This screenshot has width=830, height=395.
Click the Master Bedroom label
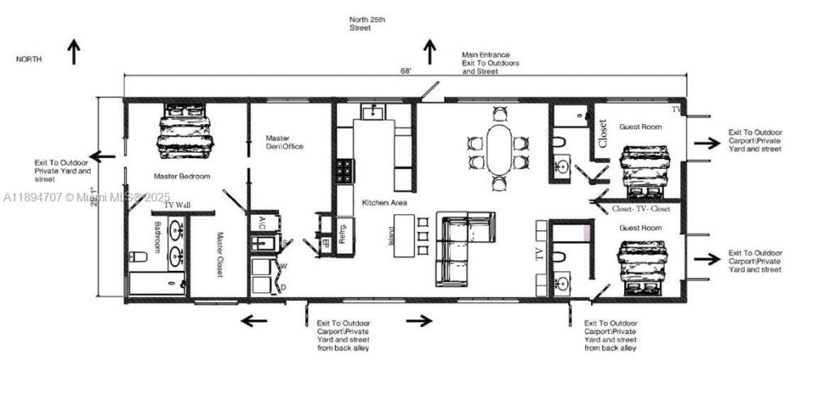tap(182, 176)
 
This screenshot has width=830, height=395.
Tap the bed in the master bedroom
tap(188, 132)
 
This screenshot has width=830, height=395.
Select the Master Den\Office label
tap(284, 143)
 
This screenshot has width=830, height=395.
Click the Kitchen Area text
tap(384, 202)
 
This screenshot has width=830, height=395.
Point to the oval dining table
tap(499, 148)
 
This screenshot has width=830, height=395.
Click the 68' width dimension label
tap(405, 71)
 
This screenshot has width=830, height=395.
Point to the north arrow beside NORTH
tap(74, 52)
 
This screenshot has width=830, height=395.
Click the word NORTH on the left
tap(28, 59)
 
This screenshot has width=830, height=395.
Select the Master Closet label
tap(220, 255)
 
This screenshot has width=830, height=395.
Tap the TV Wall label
tap(178, 205)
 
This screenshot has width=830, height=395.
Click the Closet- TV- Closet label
tap(640, 208)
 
